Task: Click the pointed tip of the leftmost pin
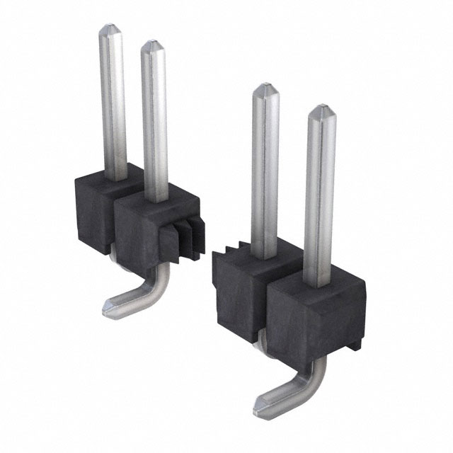(x=112, y=30)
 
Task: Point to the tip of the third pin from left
(x=264, y=88)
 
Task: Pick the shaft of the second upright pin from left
(x=154, y=120)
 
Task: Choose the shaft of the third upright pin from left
(x=265, y=170)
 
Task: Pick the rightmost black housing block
(x=315, y=311)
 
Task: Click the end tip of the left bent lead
(x=108, y=307)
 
